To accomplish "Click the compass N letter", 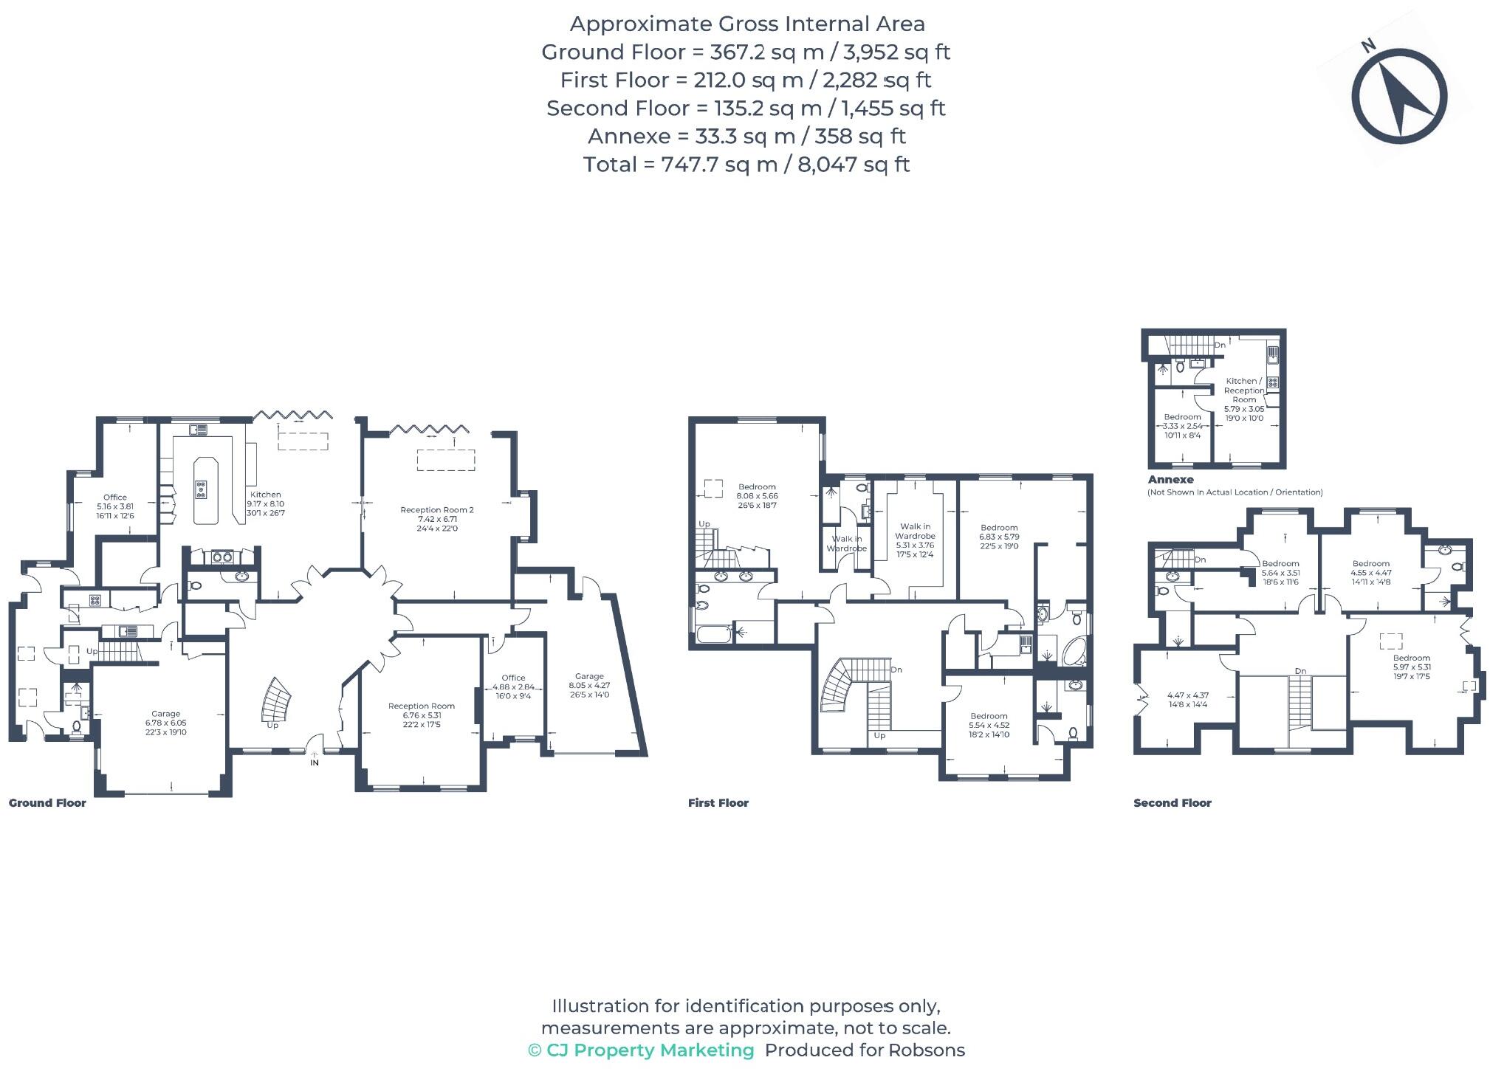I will click(x=1368, y=47).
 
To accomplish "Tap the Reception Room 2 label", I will click(x=437, y=518).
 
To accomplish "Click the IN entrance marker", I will click(x=315, y=763).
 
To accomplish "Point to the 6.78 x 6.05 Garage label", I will click(x=165, y=723).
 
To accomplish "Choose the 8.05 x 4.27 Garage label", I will click(x=589, y=685).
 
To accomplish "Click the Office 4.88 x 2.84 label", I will click(x=513, y=687).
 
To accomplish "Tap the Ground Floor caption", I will click(x=47, y=803).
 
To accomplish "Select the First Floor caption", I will click(x=718, y=803).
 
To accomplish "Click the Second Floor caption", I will click(x=1172, y=803).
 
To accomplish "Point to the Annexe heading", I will click(x=1170, y=480).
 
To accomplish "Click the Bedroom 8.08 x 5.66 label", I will click(x=757, y=496).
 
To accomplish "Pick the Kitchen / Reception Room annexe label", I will click(x=1244, y=399).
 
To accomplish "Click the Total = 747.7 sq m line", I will click(x=746, y=164).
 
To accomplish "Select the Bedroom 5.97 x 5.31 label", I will click(x=1411, y=667).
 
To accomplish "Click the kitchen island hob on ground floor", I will click(x=201, y=489).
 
